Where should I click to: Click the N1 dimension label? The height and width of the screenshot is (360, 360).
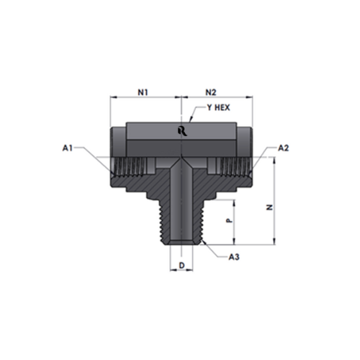143,92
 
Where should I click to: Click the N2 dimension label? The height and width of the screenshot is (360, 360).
211,92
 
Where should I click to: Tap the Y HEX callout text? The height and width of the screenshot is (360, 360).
218,107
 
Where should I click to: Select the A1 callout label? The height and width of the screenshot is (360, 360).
68,148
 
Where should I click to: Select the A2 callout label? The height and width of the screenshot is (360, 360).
284,148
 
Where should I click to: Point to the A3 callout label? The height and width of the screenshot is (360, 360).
234,257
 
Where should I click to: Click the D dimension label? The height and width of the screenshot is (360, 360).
182,265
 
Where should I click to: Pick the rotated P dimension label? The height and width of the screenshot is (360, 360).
230,220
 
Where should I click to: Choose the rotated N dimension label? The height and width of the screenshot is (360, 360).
270,207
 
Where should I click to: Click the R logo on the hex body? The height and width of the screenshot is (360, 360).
182,131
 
